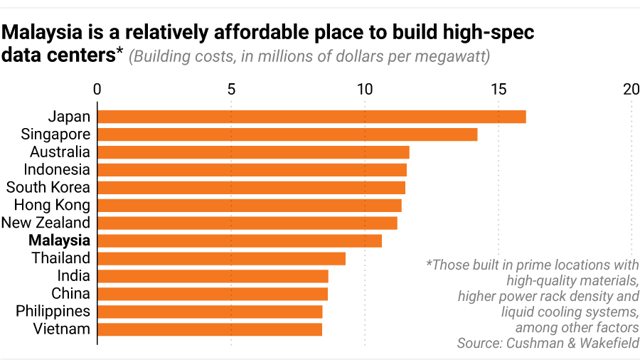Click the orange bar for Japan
(311, 117)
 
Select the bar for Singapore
(287, 134)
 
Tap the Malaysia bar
(240, 240)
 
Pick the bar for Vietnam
(210, 329)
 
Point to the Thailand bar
(221, 258)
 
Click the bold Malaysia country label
(59, 240)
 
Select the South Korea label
(48, 187)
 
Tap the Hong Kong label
(53, 205)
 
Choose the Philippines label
(53, 312)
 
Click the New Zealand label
(46, 223)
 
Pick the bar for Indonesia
(252, 170)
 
